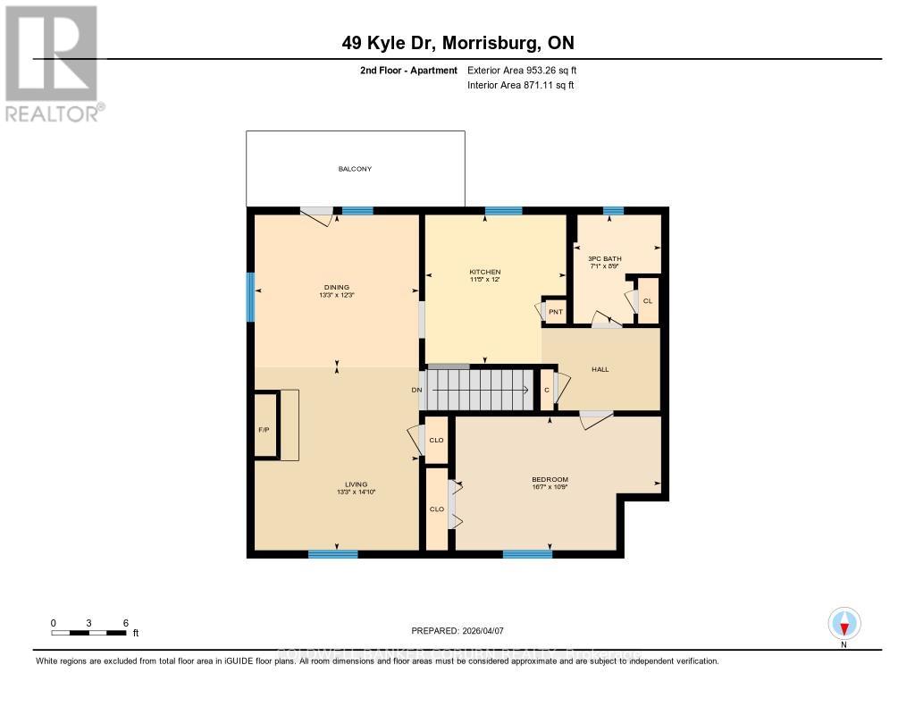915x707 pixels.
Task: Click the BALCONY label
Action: (x=355, y=169)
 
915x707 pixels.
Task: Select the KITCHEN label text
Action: (x=485, y=272)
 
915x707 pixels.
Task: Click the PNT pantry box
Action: (x=555, y=311)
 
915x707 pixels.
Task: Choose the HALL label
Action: (x=600, y=368)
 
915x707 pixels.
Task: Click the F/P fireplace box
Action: (x=264, y=430)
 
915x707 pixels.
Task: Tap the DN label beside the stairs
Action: (x=416, y=390)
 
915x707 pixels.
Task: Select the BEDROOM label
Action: (x=550, y=479)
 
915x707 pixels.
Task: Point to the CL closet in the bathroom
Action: (x=648, y=300)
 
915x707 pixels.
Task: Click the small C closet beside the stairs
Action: (x=547, y=391)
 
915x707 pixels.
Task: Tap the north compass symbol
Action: (x=844, y=623)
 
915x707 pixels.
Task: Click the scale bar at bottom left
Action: (x=89, y=632)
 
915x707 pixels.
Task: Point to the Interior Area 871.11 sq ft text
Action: (x=520, y=85)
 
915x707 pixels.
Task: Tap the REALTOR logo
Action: (x=51, y=63)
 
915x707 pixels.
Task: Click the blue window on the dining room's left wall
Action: (x=251, y=297)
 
